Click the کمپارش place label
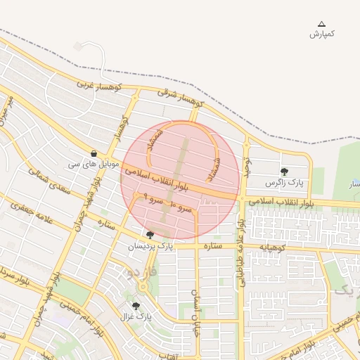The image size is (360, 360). coord(322,34)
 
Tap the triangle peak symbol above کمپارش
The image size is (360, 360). coord(322,24)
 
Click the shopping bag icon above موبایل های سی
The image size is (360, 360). coord(94,154)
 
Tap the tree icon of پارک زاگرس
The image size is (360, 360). coord(284,172)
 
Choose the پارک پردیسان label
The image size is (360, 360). coord(150,246)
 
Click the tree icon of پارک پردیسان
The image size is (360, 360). coord(150,236)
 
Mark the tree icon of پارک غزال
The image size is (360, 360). coord(136,307)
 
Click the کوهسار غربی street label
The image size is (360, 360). coord(100,86)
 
